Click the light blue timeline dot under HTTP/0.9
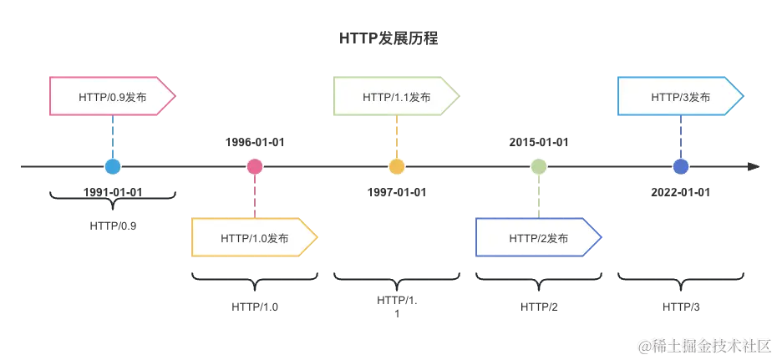113,167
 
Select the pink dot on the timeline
255,167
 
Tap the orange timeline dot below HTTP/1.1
397,167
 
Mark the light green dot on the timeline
539,167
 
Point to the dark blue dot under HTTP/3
681,167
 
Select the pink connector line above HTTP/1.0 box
255,197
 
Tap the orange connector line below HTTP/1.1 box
397,135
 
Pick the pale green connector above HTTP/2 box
539,197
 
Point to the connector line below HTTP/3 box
681,135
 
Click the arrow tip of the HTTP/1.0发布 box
314,238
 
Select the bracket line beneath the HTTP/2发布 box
539,274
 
